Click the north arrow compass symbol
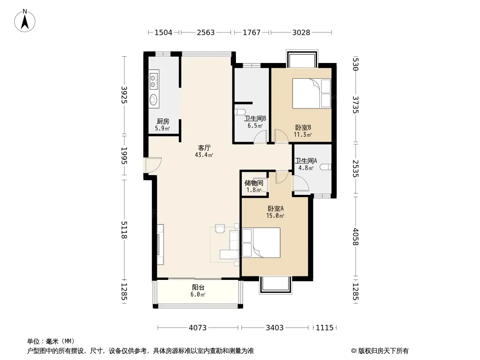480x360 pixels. [25, 21]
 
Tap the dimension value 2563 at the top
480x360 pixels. [206, 32]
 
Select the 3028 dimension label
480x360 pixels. [301, 32]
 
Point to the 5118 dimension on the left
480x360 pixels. [124, 229]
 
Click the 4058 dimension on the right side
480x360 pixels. [355, 237]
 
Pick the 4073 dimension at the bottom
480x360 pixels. [198, 328]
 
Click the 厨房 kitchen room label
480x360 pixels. [163, 121]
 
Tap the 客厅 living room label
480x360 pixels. [204, 148]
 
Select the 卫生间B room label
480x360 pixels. [255, 118]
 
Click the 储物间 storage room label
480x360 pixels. [254, 183]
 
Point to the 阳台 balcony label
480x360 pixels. [198, 288]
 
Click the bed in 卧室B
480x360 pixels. [312, 94]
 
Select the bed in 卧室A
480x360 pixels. [261, 243]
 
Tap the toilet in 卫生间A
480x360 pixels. [326, 167]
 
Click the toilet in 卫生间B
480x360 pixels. [240, 112]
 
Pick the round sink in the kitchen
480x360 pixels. [153, 99]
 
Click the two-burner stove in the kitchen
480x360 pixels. [154, 80]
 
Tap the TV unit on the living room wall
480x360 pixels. [160, 245]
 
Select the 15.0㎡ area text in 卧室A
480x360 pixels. [275, 216]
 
